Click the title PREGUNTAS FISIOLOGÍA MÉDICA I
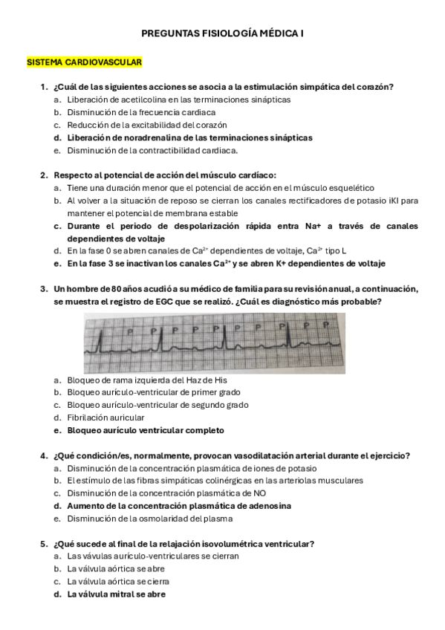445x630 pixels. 222,33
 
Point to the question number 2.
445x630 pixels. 43,175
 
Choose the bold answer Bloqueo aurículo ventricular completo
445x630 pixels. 146,430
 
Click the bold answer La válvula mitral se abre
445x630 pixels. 117,594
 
